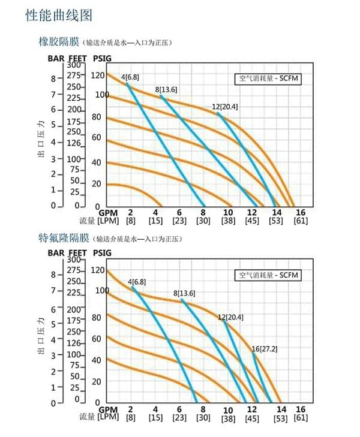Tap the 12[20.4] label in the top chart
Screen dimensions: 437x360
click(225, 107)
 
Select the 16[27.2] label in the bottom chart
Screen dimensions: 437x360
click(263, 349)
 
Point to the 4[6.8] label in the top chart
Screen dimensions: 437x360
click(131, 77)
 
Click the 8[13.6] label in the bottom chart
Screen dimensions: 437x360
click(185, 293)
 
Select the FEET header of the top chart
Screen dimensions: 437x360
click(79, 58)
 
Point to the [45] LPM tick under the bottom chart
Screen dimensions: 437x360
click(252, 418)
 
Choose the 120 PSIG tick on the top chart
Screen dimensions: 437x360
click(98, 76)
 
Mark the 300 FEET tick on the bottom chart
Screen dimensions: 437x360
click(74, 260)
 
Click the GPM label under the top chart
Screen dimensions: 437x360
click(108, 213)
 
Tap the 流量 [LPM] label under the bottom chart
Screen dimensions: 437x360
click(99, 417)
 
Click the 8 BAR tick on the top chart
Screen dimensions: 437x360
click(53, 79)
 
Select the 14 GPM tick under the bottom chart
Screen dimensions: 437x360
click(281, 409)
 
